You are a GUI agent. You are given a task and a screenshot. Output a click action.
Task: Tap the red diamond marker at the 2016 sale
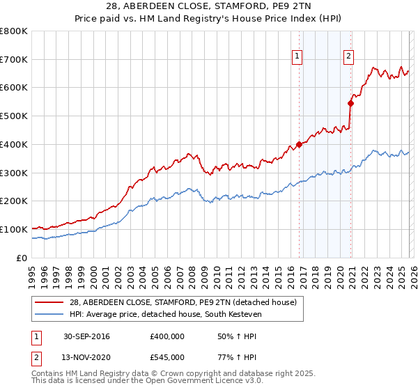(300, 144)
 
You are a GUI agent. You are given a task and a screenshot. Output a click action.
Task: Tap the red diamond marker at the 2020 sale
(350, 103)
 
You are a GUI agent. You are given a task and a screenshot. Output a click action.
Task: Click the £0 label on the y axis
(21, 258)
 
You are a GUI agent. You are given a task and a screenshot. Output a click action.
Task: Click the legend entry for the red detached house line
(183, 302)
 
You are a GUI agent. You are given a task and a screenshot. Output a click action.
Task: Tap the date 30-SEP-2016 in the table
(86, 336)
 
